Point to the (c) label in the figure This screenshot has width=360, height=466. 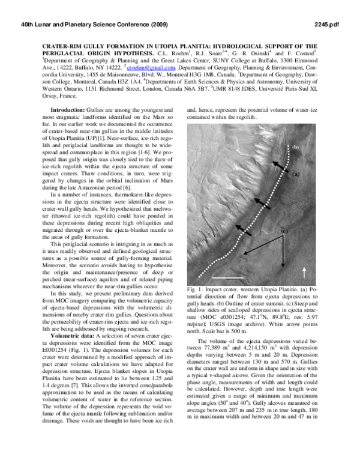tap(284, 232)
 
